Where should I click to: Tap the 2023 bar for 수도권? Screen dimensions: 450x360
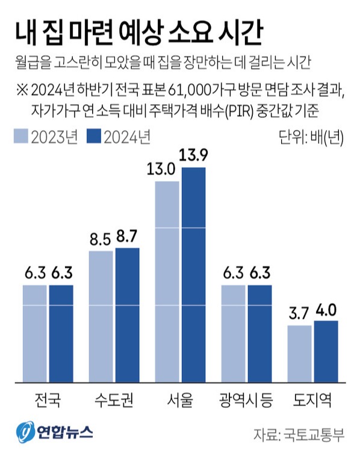click(101, 316)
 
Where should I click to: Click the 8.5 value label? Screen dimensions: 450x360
click(100, 240)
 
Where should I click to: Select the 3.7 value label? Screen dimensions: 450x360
click(299, 315)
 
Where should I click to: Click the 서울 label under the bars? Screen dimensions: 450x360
click(180, 400)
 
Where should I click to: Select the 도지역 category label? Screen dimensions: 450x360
click(312, 400)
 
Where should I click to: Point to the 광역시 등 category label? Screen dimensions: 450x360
click(246, 400)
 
